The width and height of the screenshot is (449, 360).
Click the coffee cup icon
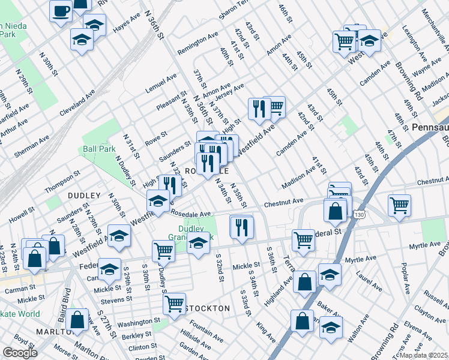61,10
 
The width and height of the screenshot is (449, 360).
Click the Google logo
19,353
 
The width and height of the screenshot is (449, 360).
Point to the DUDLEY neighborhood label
79,195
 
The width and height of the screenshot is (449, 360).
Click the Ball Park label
99,148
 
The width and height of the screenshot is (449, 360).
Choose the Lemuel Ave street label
161,84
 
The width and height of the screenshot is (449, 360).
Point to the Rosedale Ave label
191,214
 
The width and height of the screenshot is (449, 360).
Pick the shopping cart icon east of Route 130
399,205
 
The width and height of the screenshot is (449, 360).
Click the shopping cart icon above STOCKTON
174,303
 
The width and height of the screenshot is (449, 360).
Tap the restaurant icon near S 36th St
241,226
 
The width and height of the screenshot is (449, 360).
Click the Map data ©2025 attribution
423,355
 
